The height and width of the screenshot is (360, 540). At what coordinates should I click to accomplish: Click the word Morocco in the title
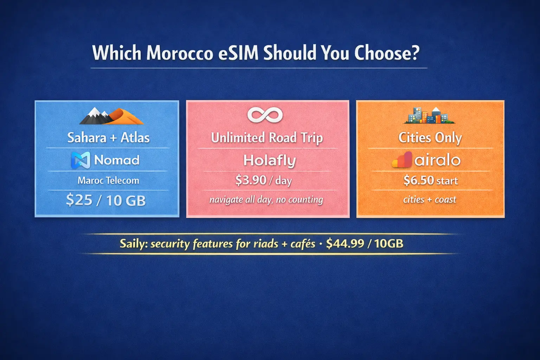click(x=180, y=53)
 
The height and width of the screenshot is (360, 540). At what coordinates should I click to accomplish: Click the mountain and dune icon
click(x=111, y=116)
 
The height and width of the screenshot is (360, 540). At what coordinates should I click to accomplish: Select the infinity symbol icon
click(x=265, y=115)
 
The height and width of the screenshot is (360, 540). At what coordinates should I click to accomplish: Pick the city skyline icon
click(x=429, y=116)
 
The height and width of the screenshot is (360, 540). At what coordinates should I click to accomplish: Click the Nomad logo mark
click(x=81, y=160)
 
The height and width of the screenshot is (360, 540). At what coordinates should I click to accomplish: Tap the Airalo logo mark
click(x=401, y=160)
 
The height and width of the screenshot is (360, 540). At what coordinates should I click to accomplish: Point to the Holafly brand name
click(x=270, y=160)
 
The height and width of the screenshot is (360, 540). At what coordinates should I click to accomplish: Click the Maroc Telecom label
click(x=108, y=180)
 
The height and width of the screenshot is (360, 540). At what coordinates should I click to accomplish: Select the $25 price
click(x=79, y=200)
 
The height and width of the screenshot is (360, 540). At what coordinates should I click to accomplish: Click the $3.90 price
click(x=251, y=180)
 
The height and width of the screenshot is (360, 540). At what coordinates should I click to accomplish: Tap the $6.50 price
click(x=418, y=180)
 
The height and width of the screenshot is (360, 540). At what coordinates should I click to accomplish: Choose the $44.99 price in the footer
click(x=345, y=243)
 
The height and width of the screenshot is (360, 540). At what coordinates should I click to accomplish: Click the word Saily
click(x=133, y=243)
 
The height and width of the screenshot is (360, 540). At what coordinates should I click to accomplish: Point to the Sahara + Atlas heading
click(x=108, y=137)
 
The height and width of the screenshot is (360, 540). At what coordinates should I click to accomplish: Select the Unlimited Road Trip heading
click(x=267, y=137)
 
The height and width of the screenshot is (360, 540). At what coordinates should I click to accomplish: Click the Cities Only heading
click(x=430, y=137)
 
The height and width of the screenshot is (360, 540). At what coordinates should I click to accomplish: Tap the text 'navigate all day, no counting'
click(x=266, y=200)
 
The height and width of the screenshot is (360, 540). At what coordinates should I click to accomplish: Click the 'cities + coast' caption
click(x=430, y=200)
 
